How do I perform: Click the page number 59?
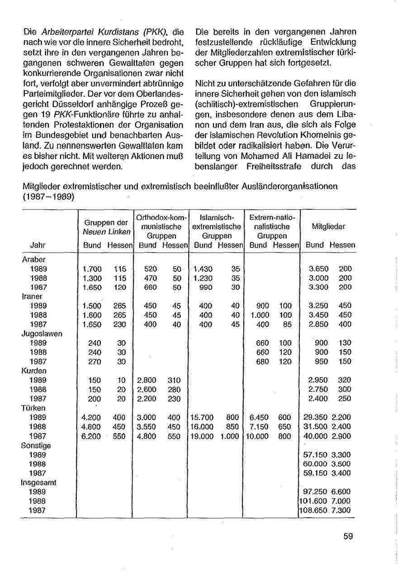tap(348, 536)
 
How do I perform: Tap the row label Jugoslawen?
tap(42, 334)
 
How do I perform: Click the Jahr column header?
tap(38, 245)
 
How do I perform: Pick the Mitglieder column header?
tap(329, 226)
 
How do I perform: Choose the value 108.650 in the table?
tap(312, 511)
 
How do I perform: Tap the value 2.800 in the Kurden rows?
tap(147, 380)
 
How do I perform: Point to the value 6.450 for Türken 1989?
tap(259, 417)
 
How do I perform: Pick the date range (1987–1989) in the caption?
tap(48, 198)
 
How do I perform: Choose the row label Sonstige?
tap(36, 445)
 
